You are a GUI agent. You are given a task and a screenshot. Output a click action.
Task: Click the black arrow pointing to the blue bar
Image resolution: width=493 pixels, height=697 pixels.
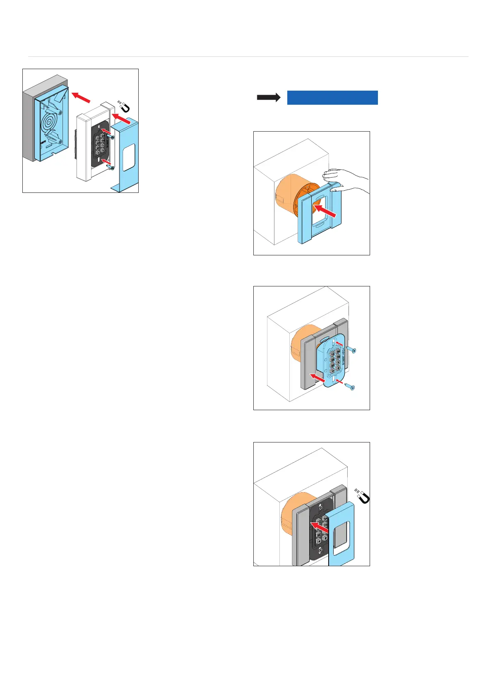[x=269, y=98]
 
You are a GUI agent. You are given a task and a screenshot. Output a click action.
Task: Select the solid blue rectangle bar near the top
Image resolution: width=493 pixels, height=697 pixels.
[x=332, y=98]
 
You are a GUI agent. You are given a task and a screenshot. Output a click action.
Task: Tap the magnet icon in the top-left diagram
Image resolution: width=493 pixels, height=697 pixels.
[x=124, y=106]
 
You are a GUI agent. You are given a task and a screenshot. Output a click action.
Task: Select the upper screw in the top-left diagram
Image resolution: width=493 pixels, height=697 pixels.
[x=111, y=137]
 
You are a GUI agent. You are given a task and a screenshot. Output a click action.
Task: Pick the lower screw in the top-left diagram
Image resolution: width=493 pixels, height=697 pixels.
[x=111, y=167]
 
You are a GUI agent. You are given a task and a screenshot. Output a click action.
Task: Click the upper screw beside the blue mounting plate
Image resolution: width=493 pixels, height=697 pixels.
[x=351, y=350]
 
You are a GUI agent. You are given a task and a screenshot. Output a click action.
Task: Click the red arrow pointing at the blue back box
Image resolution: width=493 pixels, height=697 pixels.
[x=81, y=98]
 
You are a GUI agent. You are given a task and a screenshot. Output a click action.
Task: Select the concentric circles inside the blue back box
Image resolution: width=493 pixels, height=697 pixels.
[x=49, y=123]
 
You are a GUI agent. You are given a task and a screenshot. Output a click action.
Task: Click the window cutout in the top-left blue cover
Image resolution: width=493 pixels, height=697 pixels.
[x=129, y=157]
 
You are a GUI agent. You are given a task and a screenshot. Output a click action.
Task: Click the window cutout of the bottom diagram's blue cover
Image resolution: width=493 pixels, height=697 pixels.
[x=341, y=538]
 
